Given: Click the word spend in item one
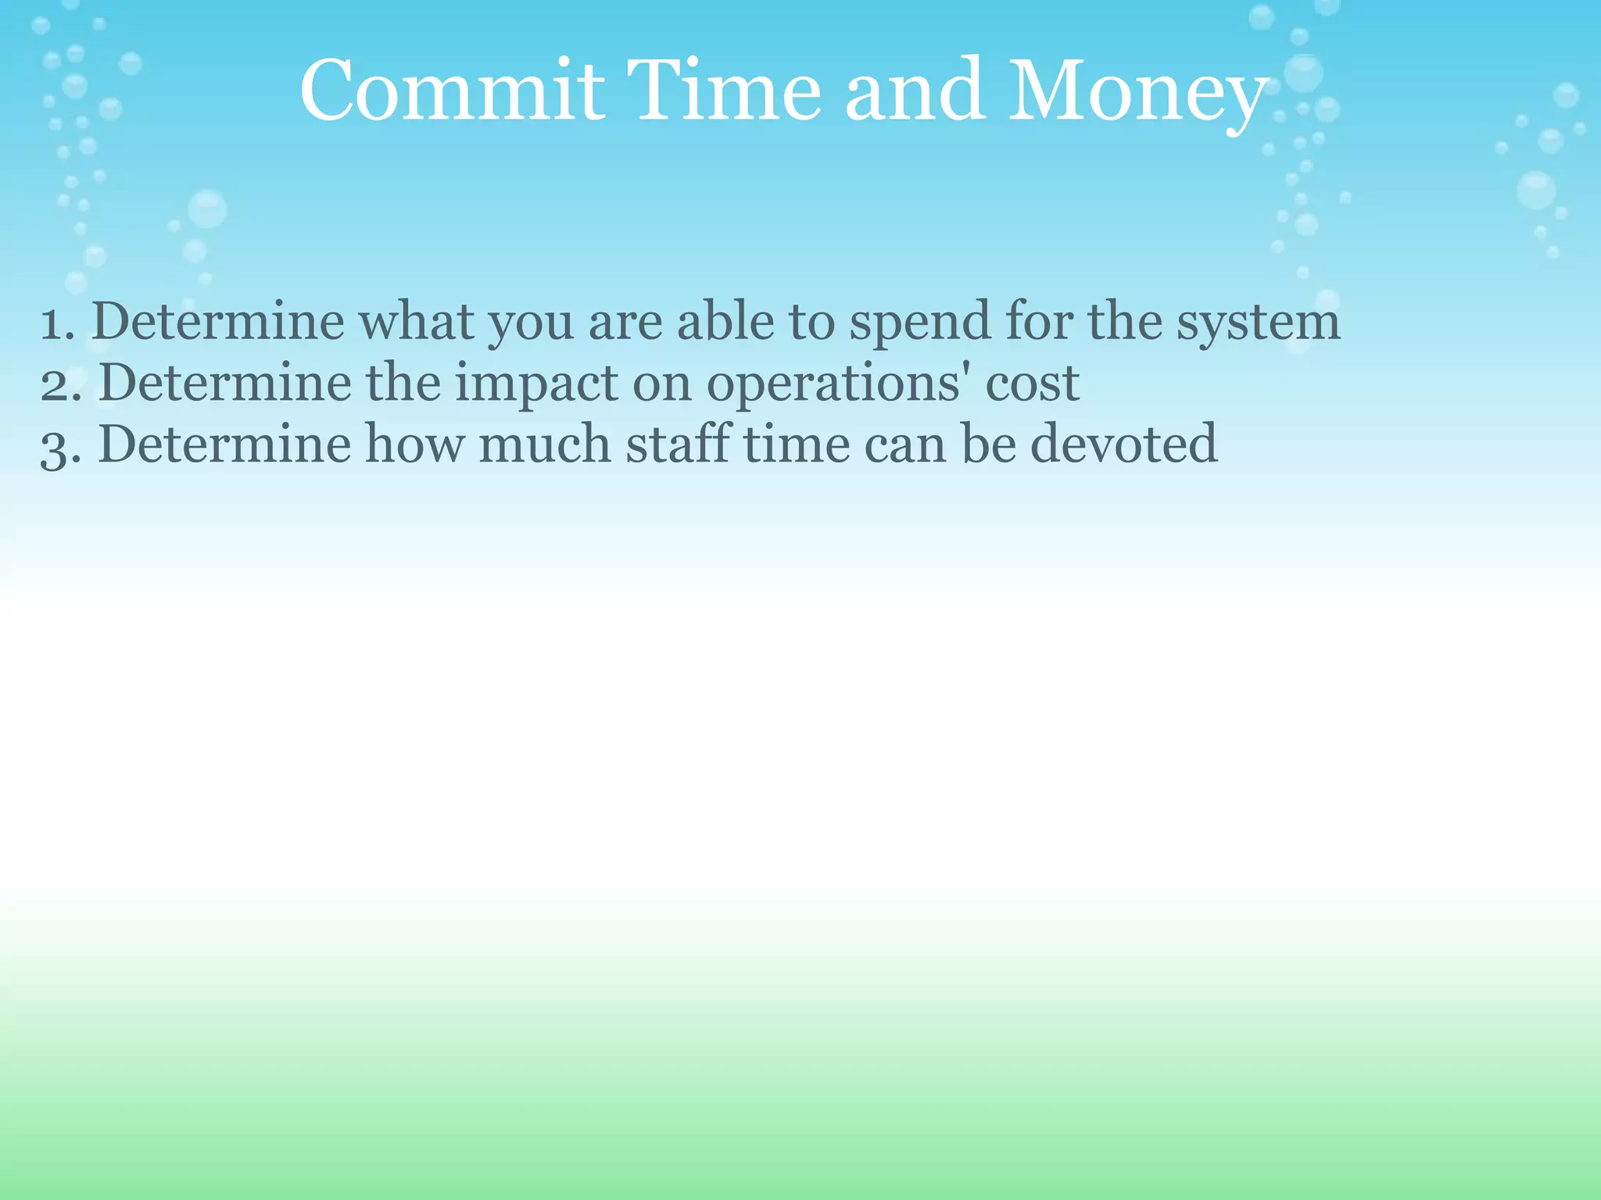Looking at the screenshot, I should [x=919, y=322].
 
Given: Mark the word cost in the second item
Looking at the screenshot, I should [x=1032, y=384].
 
